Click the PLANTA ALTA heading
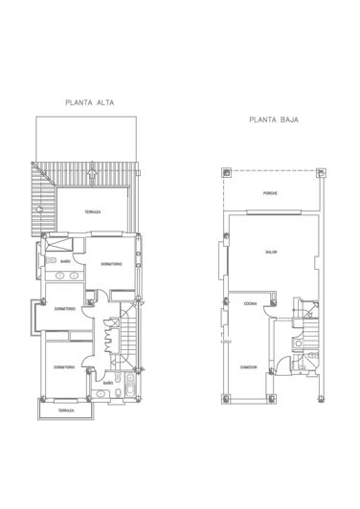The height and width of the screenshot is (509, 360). [86, 100]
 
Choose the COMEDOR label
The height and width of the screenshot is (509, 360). [248, 367]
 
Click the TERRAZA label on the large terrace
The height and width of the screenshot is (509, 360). [92, 211]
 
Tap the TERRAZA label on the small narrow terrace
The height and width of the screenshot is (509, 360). [64, 409]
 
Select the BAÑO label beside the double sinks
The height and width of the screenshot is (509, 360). [66, 260]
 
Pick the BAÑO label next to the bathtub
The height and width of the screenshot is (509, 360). [108, 383]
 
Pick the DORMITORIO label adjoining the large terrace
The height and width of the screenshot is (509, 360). [109, 264]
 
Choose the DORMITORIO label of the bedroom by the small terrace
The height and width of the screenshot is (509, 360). [65, 365]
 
